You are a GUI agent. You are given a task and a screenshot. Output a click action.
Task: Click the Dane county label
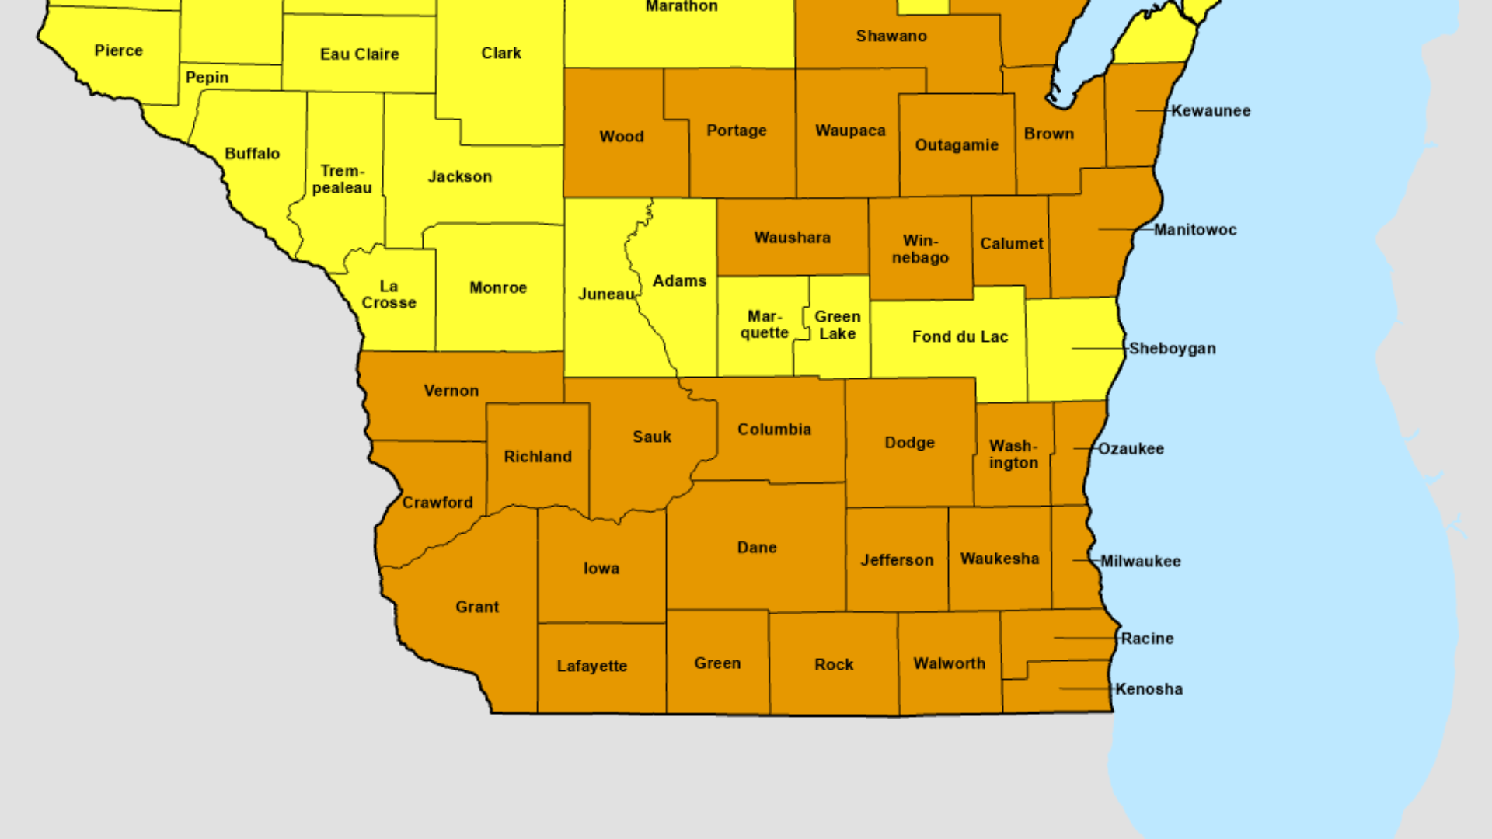tap(757, 548)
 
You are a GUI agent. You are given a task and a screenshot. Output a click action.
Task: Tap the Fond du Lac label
tap(960, 336)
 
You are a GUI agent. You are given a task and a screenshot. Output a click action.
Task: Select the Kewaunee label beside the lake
tap(1211, 110)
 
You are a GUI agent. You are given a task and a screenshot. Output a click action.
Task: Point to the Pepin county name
tap(207, 78)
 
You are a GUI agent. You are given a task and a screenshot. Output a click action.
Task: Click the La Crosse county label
tap(389, 294)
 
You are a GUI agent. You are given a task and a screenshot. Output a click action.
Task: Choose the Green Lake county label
tap(837, 325)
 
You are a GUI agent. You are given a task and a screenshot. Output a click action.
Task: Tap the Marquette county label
tap(764, 325)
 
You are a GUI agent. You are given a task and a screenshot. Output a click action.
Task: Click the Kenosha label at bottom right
tap(1149, 689)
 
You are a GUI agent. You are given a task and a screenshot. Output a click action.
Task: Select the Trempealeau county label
tap(342, 179)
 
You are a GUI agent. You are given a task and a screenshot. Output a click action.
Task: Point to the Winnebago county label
tap(920, 249)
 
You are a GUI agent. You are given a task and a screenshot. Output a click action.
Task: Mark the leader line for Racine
tap(1085, 638)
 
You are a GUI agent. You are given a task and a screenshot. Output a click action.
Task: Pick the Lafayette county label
tap(591, 666)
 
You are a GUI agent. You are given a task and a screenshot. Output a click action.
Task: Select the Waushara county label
tap(792, 238)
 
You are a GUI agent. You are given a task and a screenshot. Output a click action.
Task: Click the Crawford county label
tap(437, 503)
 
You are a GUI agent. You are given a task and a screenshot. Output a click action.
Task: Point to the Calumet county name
tap(1011, 244)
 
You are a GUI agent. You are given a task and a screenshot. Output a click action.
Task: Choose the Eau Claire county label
tap(359, 54)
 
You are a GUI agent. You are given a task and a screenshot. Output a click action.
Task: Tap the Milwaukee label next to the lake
tap(1140, 561)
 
